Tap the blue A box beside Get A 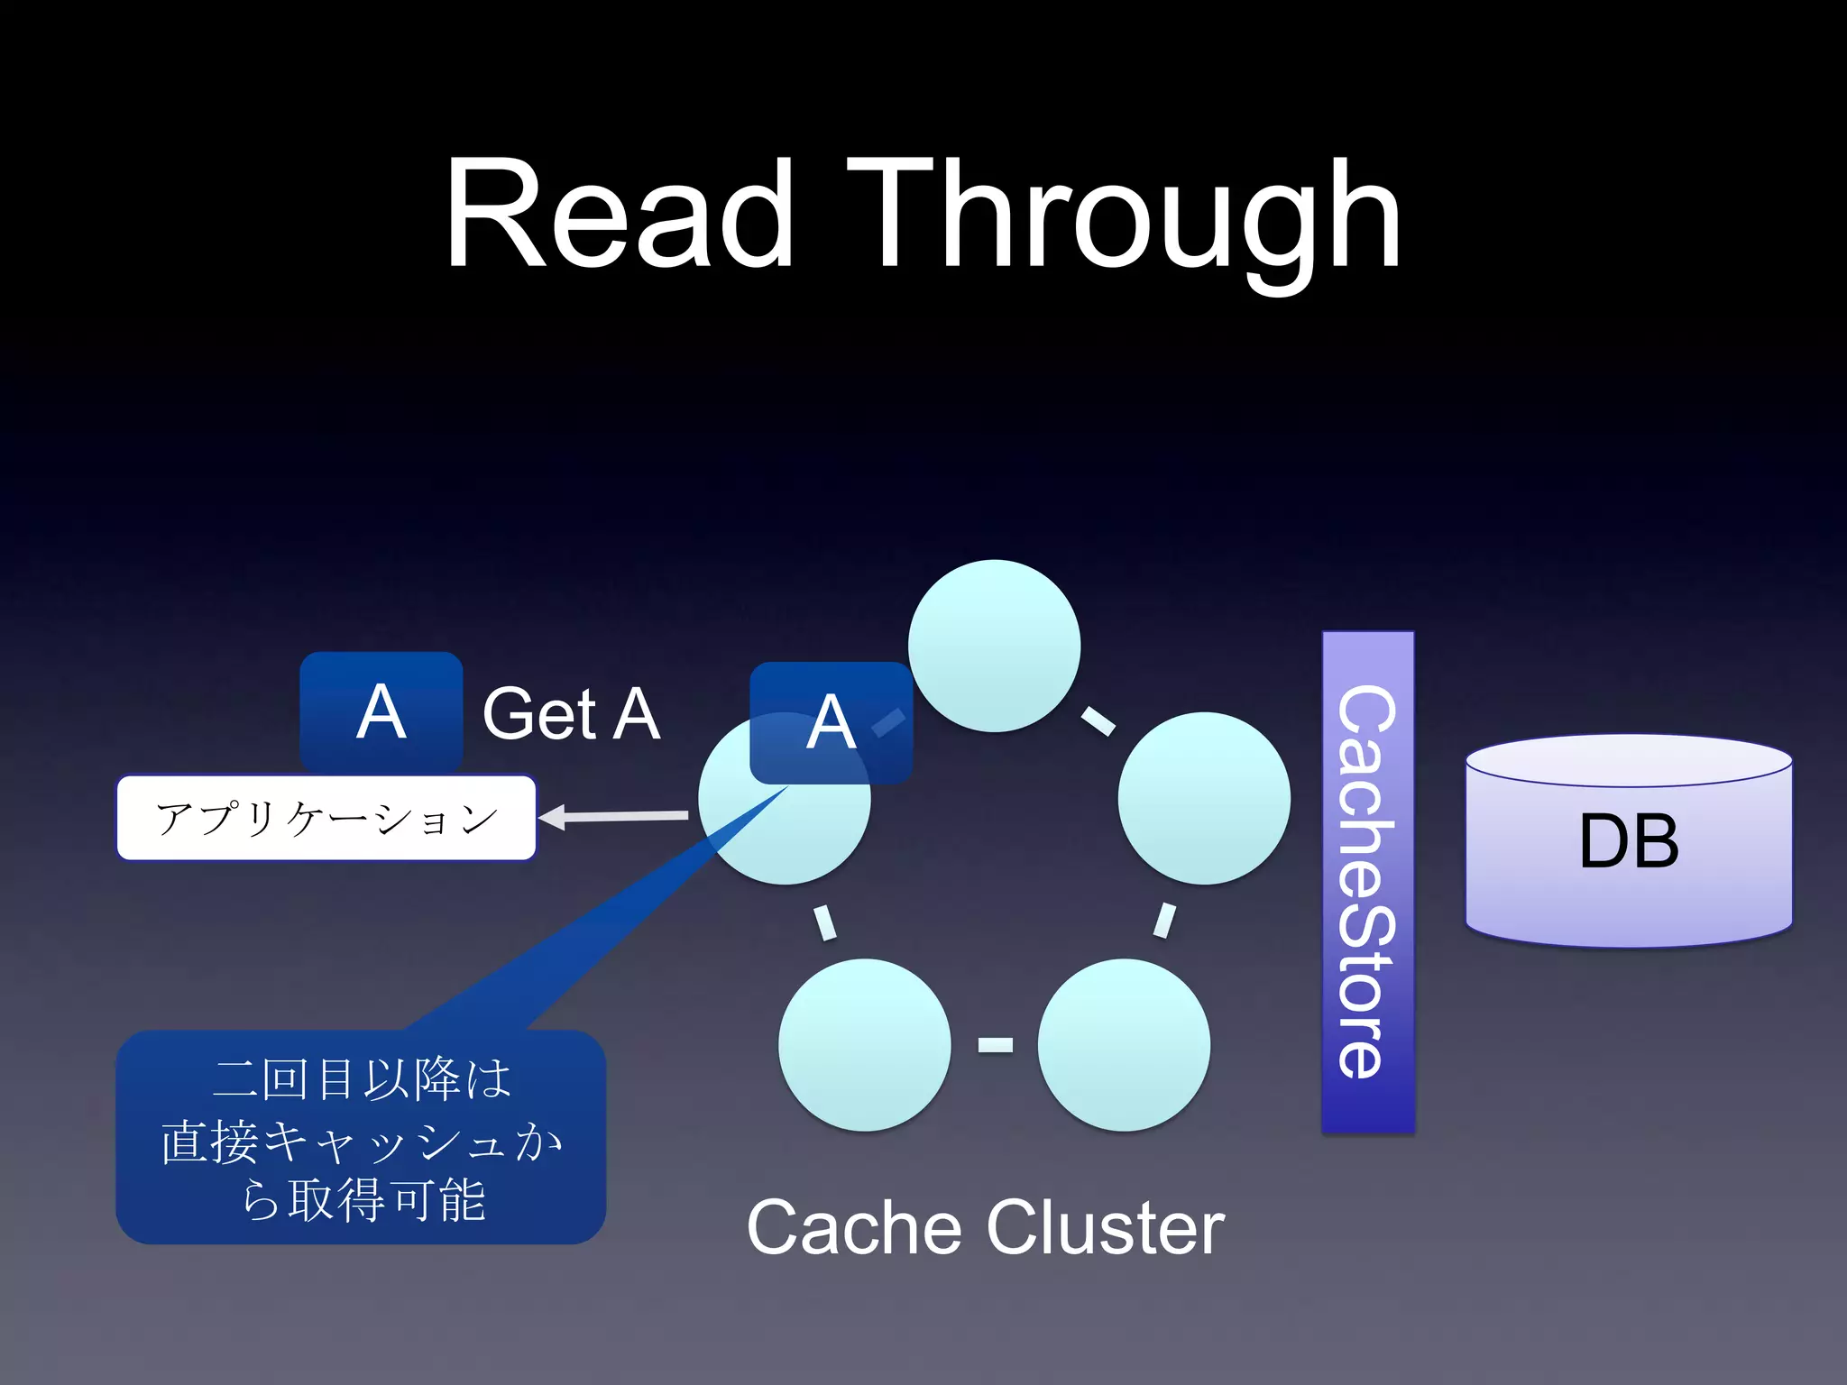click(381, 711)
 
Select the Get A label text click(571, 714)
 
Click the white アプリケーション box click(326, 818)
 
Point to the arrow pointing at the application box click(613, 817)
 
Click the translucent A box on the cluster click(831, 722)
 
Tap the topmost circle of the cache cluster click(994, 646)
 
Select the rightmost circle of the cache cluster click(1203, 798)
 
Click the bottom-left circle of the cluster click(864, 1044)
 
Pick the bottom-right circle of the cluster click(1124, 1044)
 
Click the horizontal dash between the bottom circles click(995, 1045)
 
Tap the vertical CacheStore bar click(1367, 881)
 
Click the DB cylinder click(1628, 841)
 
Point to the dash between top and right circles click(1098, 720)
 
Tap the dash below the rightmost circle click(1164, 921)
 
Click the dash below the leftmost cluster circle click(824, 922)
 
